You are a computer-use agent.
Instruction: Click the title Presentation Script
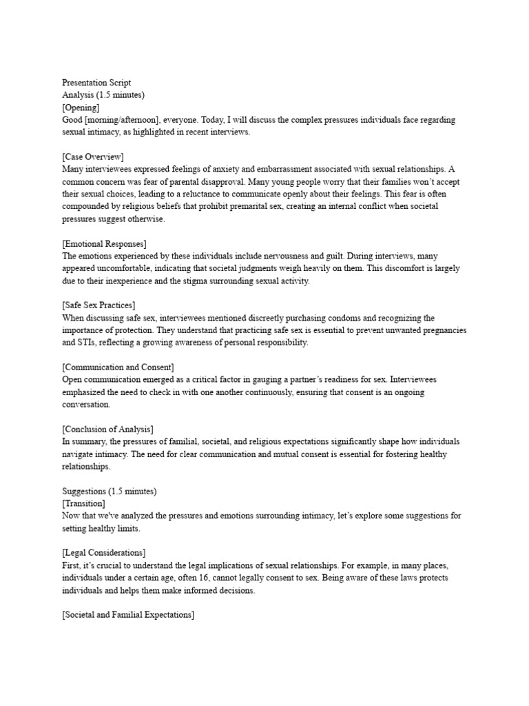(x=96, y=82)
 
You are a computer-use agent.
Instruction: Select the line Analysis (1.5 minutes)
(x=103, y=94)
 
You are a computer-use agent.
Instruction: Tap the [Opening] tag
(x=81, y=107)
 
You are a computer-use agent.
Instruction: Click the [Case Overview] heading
(x=93, y=157)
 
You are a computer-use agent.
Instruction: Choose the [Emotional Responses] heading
(x=104, y=243)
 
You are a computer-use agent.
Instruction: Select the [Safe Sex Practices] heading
(x=98, y=305)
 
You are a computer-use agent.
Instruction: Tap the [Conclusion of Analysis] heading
(x=107, y=430)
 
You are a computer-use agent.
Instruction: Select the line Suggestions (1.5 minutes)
(x=110, y=492)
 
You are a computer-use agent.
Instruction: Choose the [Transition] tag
(x=83, y=504)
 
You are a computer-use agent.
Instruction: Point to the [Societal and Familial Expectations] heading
(x=128, y=614)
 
